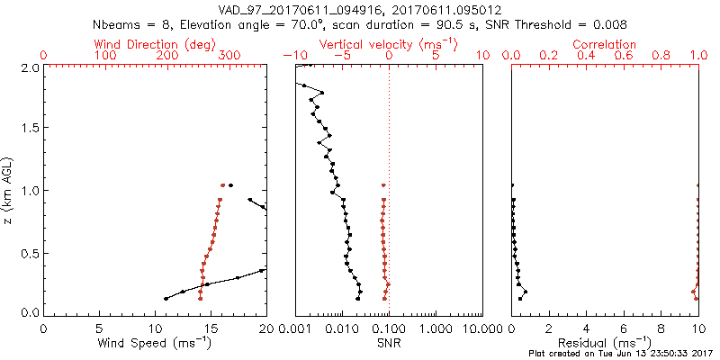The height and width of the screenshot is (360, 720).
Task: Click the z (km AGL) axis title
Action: (x=8, y=190)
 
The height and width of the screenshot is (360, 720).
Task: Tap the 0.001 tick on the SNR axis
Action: (x=296, y=328)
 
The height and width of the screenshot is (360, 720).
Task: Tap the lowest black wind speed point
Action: (x=166, y=299)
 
